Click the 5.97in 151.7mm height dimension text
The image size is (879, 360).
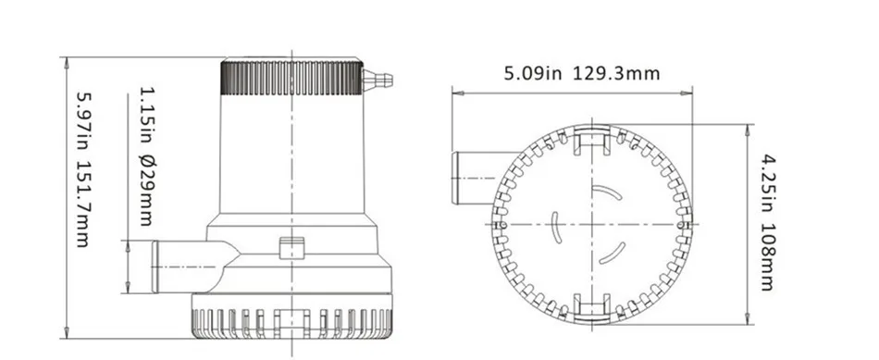point(83,169)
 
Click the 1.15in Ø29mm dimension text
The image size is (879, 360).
point(146,155)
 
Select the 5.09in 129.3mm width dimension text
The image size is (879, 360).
point(582,73)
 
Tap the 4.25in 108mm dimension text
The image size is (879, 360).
point(767,222)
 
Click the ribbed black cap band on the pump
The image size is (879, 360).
point(291,78)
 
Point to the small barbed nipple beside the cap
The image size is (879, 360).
point(378,81)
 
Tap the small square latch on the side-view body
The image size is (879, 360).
point(291,248)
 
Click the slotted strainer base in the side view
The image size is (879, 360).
point(291,317)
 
